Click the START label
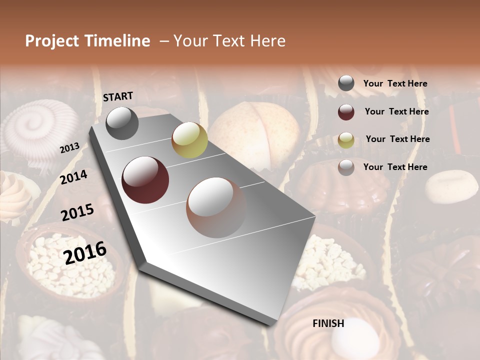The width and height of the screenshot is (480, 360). [x=118, y=96]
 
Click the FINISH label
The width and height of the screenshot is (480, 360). [x=328, y=323]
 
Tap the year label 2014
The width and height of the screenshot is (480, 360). [x=73, y=177]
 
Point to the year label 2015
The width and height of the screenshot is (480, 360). [x=77, y=212]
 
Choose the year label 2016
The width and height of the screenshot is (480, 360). [x=85, y=253]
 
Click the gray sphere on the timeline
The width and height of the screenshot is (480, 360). [x=122, y=123]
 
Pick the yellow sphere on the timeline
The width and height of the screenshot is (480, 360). [x=189, y=140]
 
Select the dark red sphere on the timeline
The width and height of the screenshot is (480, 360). [x=145, y=180]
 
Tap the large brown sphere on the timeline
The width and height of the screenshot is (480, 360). [x=216, y=207]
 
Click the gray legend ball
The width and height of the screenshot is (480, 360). [x=346, y=83]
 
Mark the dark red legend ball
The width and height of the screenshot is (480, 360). [x=346, y=112]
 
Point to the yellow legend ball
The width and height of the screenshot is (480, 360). [x=346, y=140]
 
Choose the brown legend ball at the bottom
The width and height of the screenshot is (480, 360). [x=346, y=167]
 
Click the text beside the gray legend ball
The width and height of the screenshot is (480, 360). [x=395, y=83]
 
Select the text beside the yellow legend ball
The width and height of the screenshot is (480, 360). [x=397, y=139]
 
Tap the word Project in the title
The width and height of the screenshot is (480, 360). [x=52, y=41]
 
